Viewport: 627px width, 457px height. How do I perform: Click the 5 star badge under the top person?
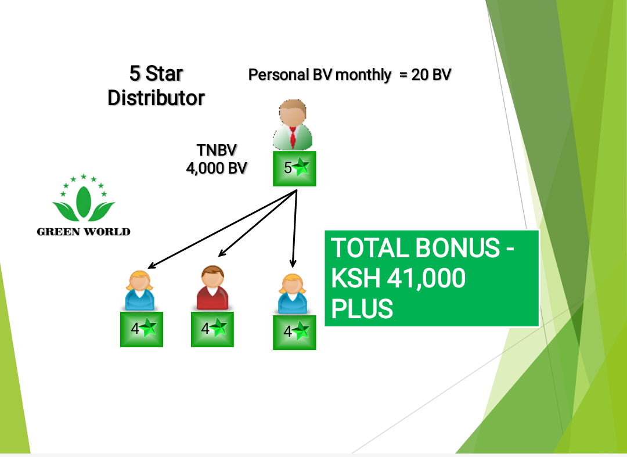[x=294, y=168]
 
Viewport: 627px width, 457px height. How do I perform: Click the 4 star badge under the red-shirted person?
[x=212, y=329]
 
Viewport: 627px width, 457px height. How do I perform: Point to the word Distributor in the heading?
[x=156, y=98]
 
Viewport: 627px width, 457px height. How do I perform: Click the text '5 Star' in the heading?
[x=156, y=74]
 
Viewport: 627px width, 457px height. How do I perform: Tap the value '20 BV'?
[x=431, y=75]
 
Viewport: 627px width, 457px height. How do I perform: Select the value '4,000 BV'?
[x=217, y=168]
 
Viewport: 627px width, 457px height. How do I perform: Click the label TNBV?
[x=217, y=150]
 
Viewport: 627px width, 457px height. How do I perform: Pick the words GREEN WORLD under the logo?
[x=84, y=232]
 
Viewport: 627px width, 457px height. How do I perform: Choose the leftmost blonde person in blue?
[x=139, y=290]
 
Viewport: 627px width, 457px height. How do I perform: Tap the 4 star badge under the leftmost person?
[x=142, y=329]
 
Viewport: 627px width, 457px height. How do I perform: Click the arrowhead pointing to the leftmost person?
[x=151, y=266]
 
